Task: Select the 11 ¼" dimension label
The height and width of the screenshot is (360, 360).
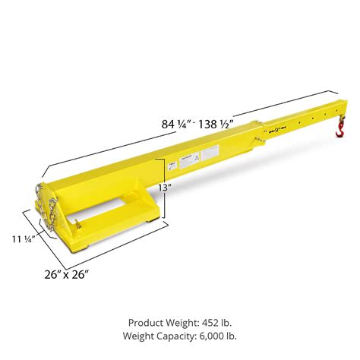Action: click(x=22, y=238)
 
